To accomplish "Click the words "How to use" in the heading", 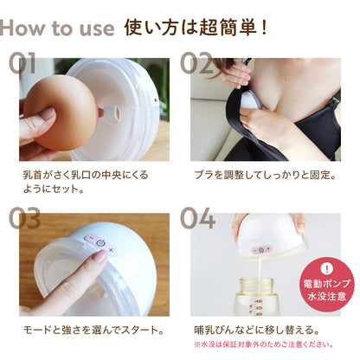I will coord(57,27).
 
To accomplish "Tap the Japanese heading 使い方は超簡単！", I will coord(196,27).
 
